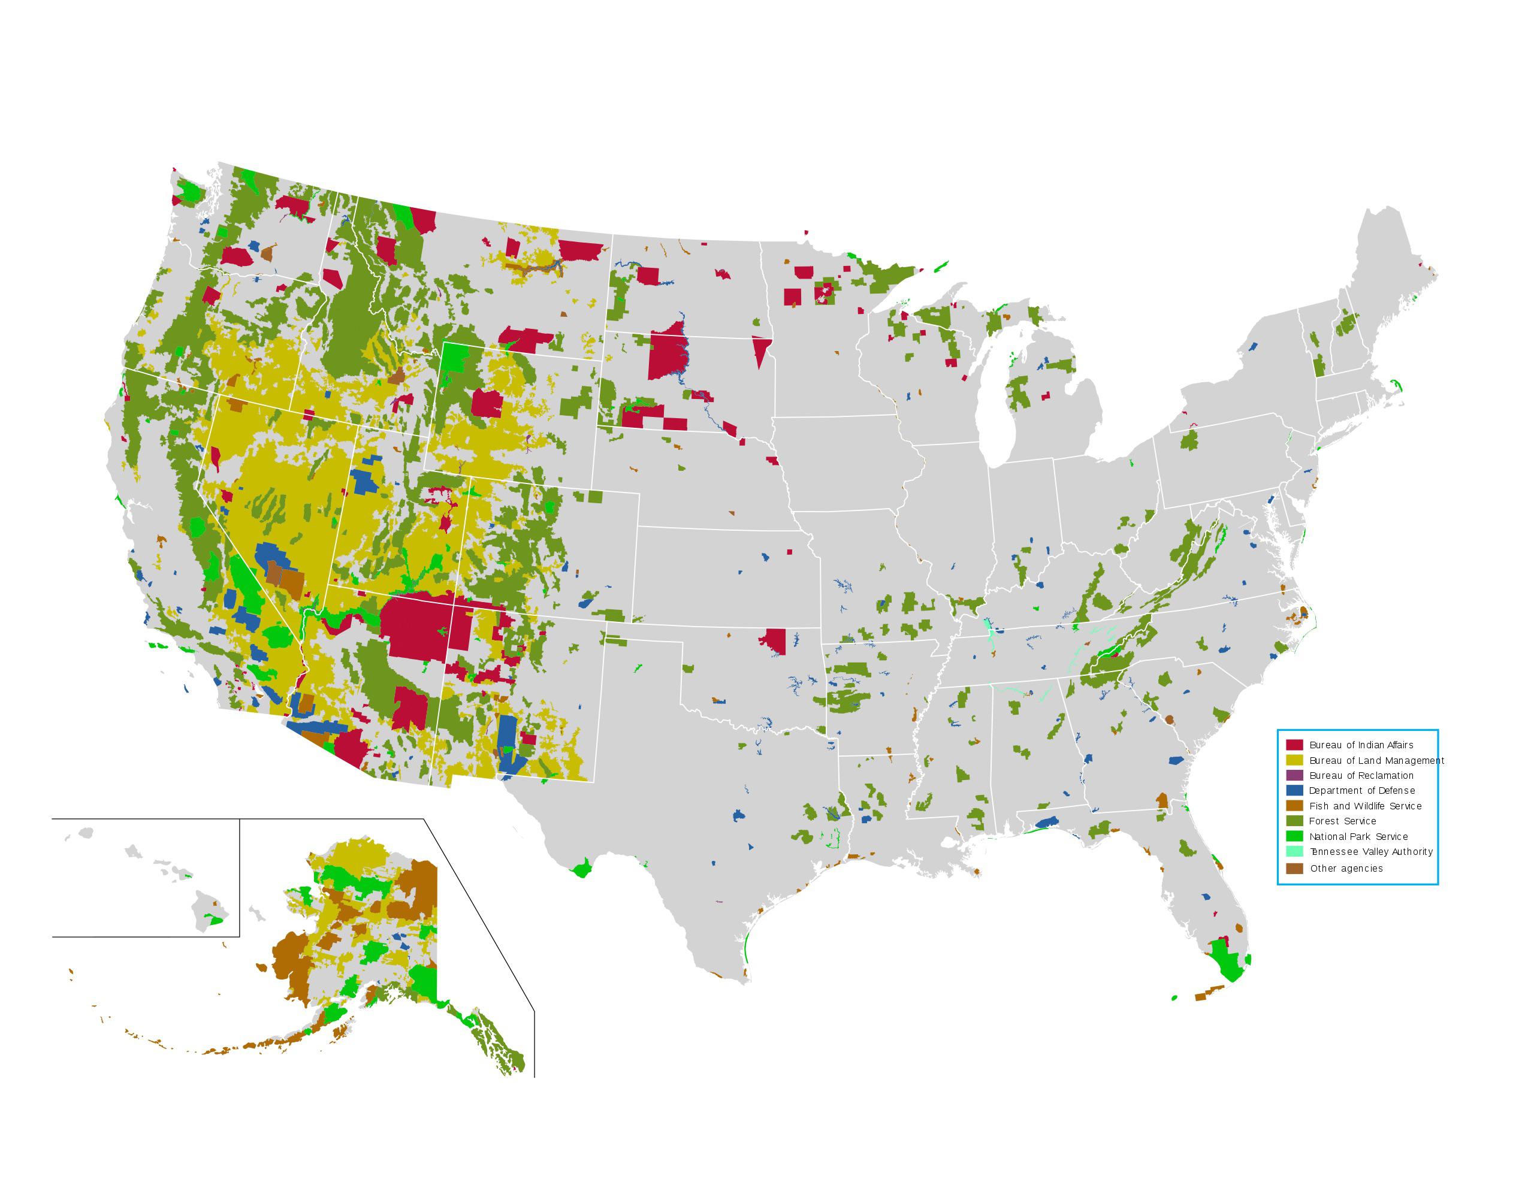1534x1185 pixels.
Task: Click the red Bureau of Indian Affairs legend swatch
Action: point(1294,745)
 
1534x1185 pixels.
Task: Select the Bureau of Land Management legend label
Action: point(1376,760)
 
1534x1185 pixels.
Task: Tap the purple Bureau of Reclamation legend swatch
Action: point(1294,775)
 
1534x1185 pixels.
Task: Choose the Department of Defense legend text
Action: point(1361,790)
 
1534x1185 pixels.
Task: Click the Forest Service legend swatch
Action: point(1294,821)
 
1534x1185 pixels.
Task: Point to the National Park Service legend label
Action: point(1358,836)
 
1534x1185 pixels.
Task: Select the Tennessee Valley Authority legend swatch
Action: point(1294,851)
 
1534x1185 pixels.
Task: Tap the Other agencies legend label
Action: point(1346,868)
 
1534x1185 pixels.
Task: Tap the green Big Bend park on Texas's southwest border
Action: point(582,870)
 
